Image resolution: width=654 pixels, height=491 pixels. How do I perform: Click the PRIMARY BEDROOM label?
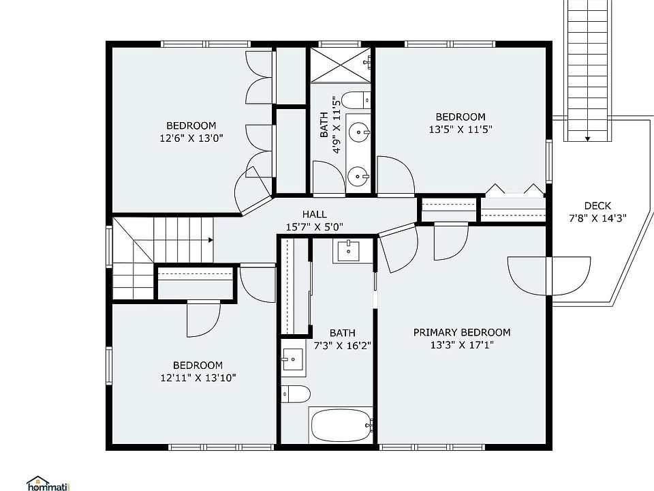(x=462, y=332)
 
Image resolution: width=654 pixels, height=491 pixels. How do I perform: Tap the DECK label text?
(x=597, y=206)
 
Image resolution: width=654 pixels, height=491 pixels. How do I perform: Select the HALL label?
(x=315, y=215)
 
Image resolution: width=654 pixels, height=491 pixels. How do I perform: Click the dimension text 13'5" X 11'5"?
(x=461, y=130)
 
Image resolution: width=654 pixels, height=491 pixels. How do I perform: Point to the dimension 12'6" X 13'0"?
(x=191, y=138)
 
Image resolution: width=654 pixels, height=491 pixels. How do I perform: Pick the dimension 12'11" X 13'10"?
(x=198, y=378)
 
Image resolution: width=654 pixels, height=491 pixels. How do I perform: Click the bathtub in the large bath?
(x=341, y=425)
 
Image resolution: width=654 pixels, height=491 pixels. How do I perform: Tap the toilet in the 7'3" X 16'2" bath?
(x=296, y=394)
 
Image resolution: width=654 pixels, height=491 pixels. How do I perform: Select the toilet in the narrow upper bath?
(x=356, y=100)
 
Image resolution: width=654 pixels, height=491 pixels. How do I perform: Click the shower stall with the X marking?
(x=341, y=65)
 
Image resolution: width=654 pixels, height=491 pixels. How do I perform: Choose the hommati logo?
(x=48, y=483)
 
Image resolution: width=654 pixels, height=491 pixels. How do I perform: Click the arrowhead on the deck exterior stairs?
(x=587, y=138)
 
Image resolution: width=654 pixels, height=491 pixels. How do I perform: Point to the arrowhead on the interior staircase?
(x=211, y=240)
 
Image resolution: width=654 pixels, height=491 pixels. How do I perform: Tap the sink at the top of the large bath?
(x=348, y=251)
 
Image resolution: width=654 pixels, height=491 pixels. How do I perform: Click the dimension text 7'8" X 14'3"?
(x=597, y=218)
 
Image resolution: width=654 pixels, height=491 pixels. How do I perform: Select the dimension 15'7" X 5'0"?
(x=315, y=227)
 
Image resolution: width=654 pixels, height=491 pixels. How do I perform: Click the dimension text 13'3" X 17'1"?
(x=462, y=345)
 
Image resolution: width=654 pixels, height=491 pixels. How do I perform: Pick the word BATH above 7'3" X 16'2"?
(x=343, y=333)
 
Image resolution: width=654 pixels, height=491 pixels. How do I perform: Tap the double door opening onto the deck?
(x=549, y=276)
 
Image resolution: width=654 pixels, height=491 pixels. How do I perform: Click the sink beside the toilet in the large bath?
(x=293, y=359)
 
